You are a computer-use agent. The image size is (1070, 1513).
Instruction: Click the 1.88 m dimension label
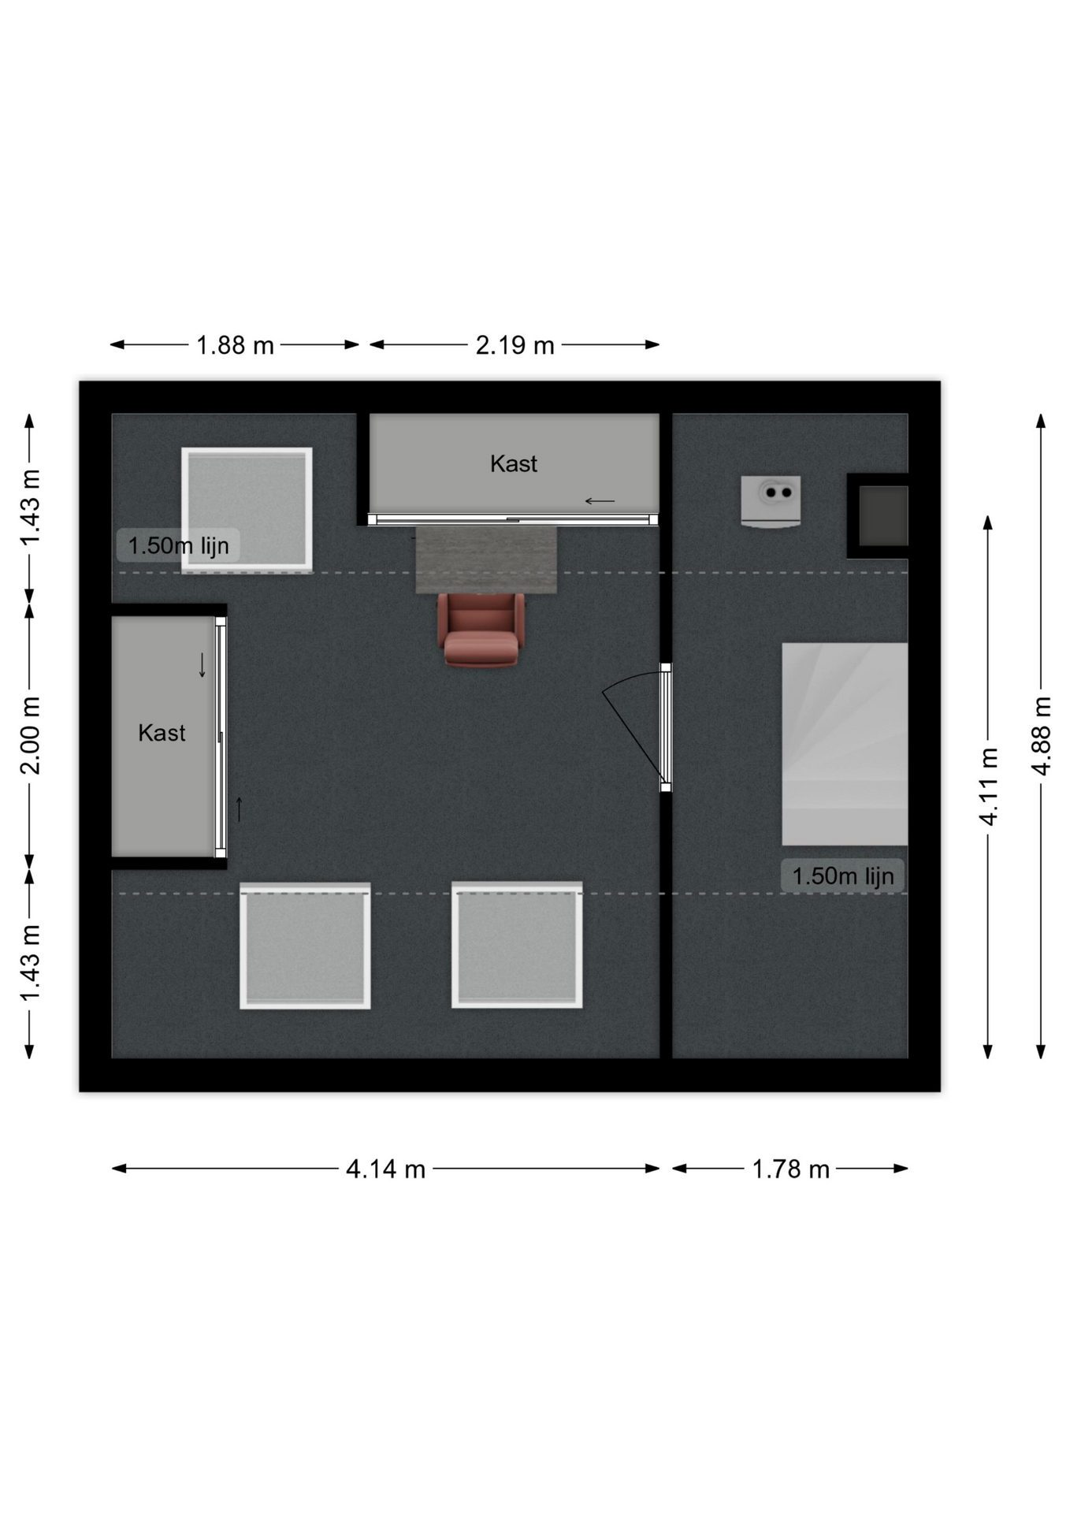coord(235,345)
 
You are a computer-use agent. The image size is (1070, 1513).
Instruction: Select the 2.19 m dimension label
coord(515,345)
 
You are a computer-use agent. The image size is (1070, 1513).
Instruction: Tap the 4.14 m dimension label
coord(385,1169)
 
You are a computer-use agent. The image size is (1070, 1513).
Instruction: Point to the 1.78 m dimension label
coord(790,1169)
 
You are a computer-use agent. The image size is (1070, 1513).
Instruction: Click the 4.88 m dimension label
coord(1041,736)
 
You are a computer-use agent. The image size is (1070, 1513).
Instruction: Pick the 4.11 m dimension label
coord(988,786)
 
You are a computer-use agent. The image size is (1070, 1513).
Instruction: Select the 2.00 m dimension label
coord(30,736)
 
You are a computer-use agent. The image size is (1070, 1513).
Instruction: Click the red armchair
coord(481,630)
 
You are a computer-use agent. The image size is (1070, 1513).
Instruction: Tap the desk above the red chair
coord(486,559)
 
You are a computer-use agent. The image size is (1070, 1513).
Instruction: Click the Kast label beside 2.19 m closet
coord(514,463)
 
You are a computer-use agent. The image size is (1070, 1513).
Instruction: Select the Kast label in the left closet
coord(162,733)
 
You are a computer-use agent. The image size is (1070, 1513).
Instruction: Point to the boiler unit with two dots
coord(771,501)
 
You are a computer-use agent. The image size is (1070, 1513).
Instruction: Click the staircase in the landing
coord(845,744)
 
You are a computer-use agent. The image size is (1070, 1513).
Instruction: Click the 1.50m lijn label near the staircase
coord(842,876)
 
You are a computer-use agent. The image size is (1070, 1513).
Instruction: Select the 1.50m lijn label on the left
coord(178,545)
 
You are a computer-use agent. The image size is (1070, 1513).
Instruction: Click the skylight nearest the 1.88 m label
coord(247,510)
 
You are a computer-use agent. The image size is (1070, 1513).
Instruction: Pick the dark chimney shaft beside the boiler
coord(882,515)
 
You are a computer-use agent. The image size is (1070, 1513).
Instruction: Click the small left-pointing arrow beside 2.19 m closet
coord(600,501)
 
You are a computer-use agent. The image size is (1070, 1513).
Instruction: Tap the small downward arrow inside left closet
coord(202,665)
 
